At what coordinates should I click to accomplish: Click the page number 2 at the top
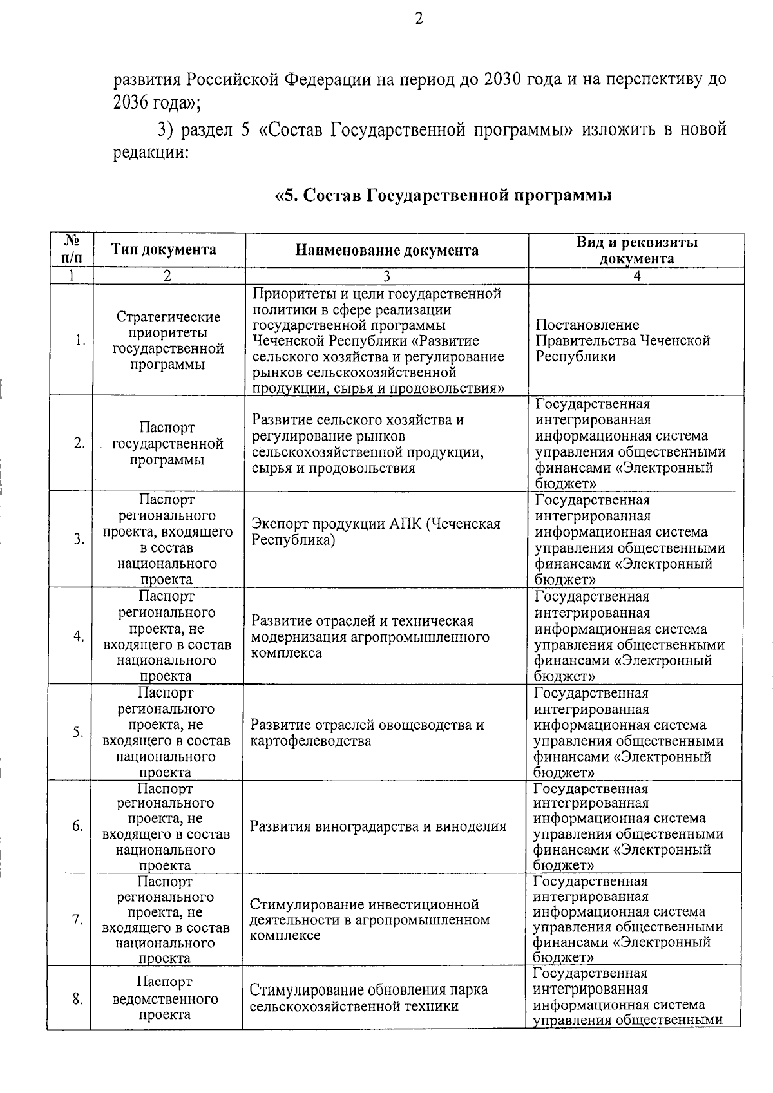[419, 19]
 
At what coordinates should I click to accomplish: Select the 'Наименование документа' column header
[386, 251]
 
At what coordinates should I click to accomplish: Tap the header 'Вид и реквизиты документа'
[636, 251]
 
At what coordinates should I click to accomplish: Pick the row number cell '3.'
[79, 539]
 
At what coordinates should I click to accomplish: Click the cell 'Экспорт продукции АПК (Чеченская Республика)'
[376, 532]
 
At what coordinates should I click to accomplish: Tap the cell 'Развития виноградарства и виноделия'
[378, 826]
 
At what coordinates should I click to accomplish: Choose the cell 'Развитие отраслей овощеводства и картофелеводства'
[367, 733]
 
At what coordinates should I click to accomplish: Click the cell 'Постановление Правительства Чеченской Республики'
[622, 341]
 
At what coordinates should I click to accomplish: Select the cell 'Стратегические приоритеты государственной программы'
[168, 341]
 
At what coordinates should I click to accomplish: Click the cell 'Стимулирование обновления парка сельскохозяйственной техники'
[368, 998]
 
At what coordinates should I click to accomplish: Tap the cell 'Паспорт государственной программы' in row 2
[167, 444]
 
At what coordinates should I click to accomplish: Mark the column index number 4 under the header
[636, 276]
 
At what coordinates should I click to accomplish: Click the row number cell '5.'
[78, 732]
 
